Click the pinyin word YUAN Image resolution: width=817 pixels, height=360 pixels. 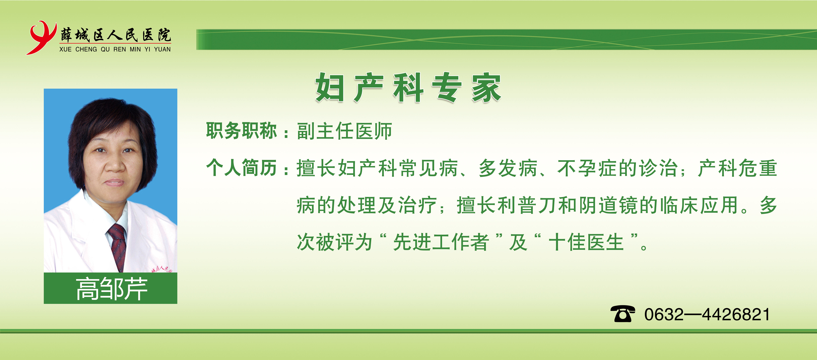(x=162, y=50)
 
